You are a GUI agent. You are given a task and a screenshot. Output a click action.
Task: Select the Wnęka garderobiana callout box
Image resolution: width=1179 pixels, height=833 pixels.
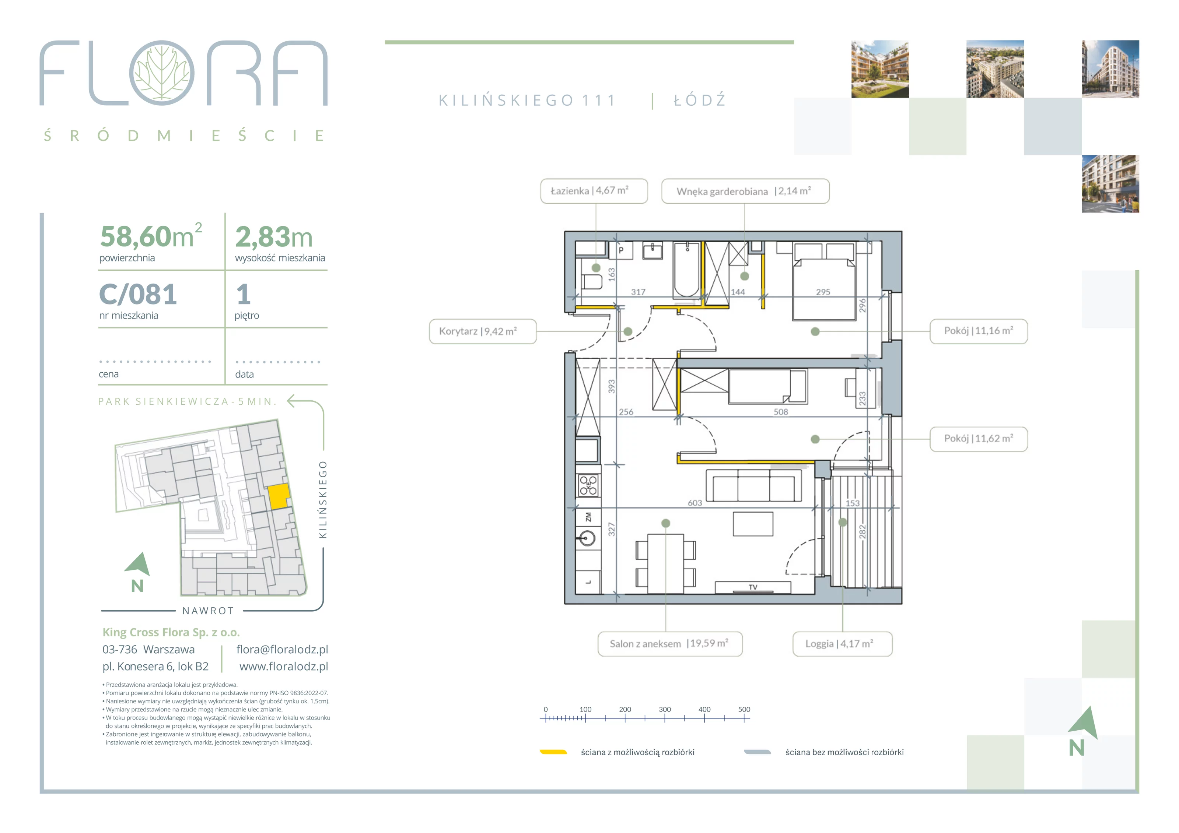(x=745, y=191)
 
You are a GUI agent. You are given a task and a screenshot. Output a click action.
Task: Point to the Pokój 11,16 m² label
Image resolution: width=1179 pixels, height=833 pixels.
(x=978, y=331)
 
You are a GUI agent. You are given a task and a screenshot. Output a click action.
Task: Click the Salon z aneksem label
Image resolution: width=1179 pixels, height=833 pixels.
(x=669, y=644)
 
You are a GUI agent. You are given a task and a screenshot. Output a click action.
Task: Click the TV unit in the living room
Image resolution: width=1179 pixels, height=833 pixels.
(x=753, y=587)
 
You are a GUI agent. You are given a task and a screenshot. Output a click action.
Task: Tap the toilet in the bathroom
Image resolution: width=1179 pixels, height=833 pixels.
(x=592, y=282)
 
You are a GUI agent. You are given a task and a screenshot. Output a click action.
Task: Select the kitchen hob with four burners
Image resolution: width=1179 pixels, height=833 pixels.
(x=588, y=485)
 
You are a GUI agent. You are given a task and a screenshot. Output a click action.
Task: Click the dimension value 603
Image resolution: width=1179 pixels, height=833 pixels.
(x=695, y=503)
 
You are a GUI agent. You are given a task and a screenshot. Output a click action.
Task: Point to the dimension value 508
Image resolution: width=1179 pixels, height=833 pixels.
(x=780, y=412)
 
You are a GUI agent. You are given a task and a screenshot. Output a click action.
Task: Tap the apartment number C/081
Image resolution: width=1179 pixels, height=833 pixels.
(x=138, y=294)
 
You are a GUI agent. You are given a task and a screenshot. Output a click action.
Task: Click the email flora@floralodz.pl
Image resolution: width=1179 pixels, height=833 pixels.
(x=282, y=649)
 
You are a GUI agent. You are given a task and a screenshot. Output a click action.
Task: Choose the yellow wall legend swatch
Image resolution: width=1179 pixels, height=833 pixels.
(x=553, y=752)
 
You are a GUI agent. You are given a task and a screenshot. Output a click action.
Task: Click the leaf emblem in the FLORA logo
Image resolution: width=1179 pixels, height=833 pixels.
(x=162, y=73)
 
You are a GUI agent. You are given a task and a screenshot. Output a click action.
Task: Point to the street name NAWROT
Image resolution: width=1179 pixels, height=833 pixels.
(x=208, y=611)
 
